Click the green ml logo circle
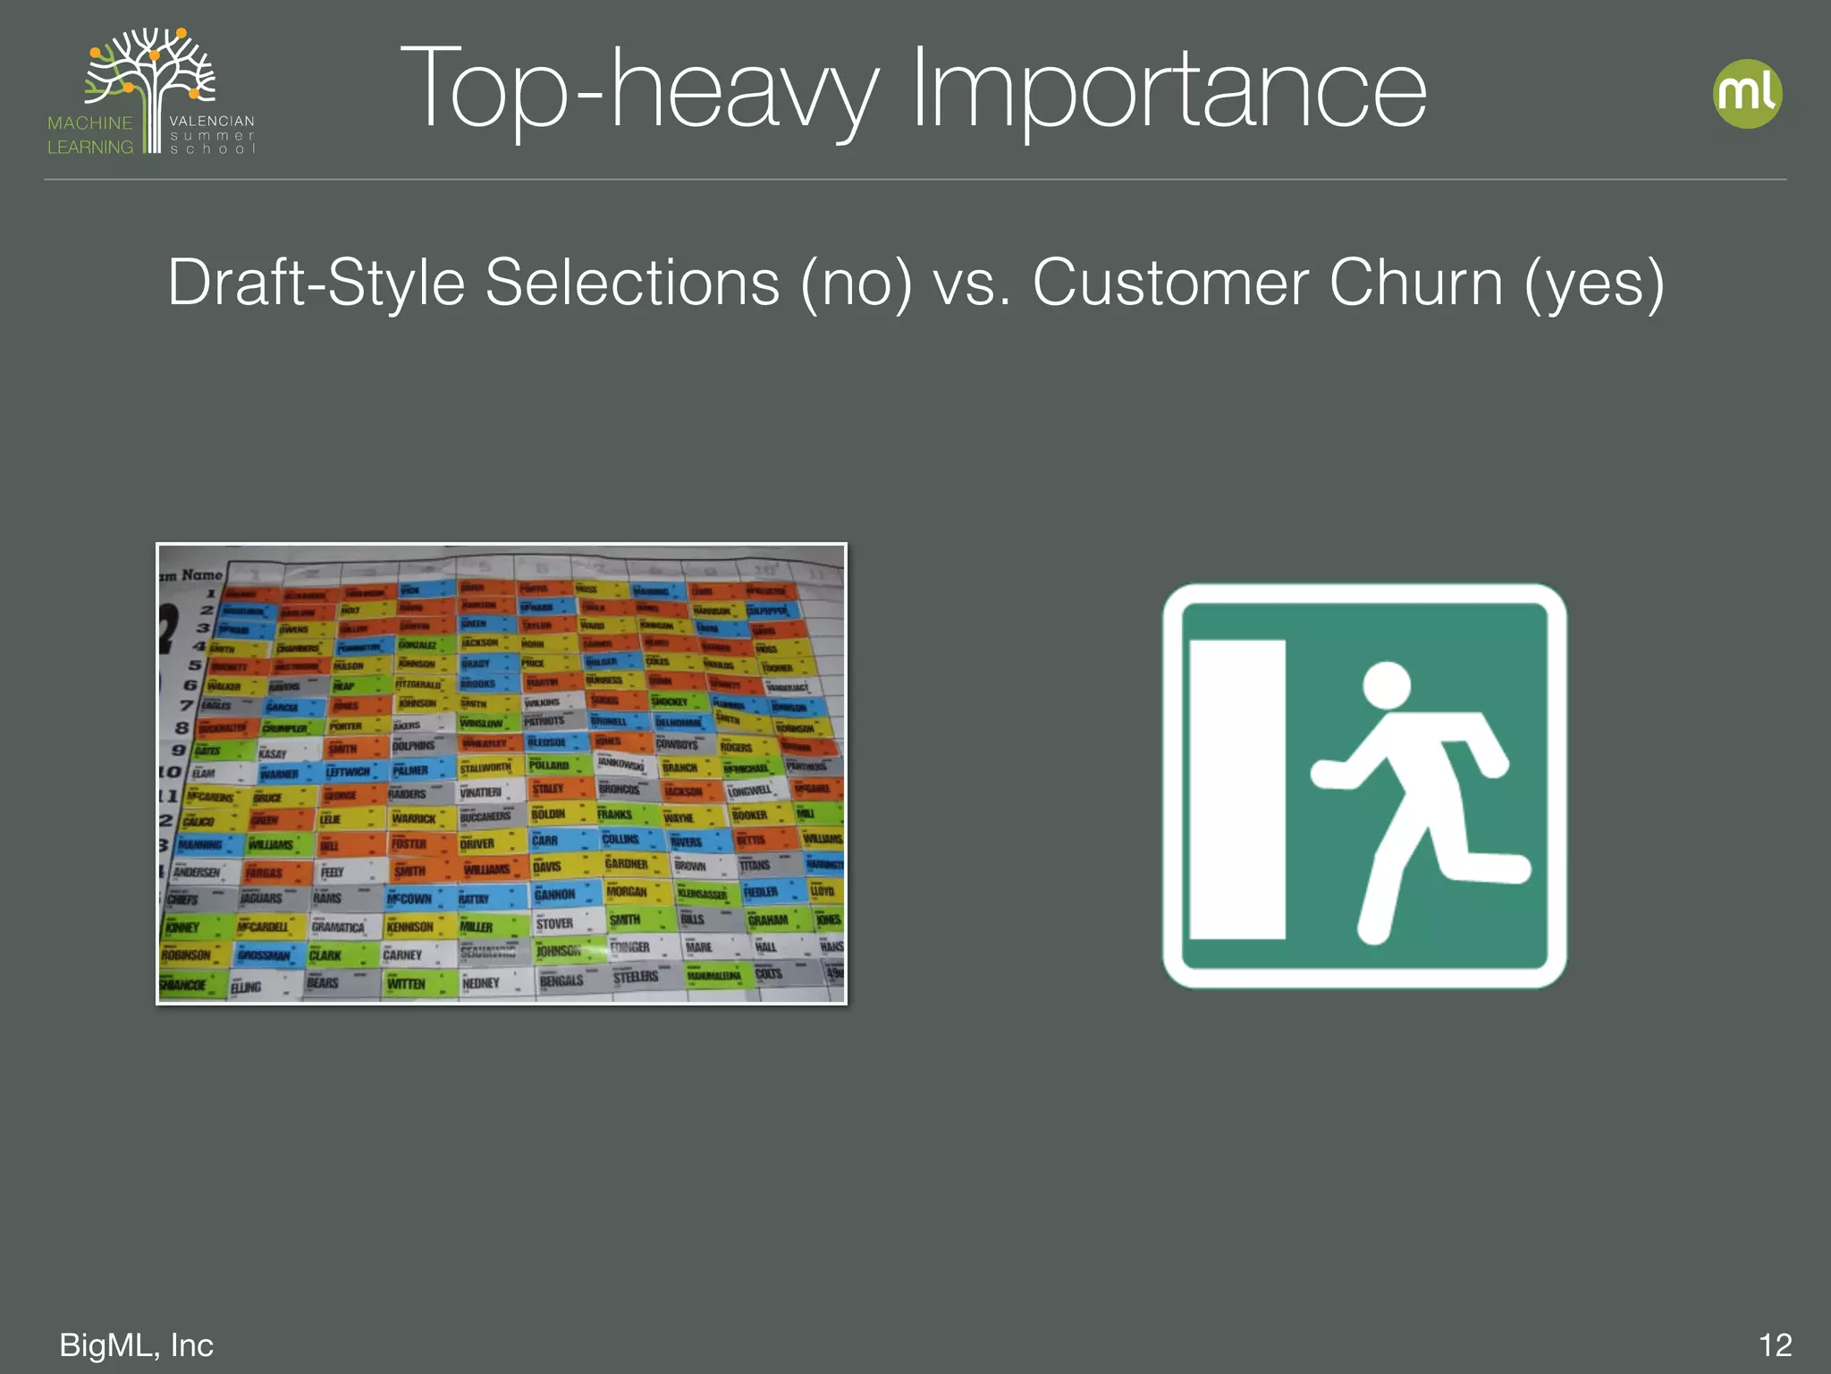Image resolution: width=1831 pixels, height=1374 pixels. (x=1747, y=94)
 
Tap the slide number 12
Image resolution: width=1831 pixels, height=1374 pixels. (x=1775, y=1345)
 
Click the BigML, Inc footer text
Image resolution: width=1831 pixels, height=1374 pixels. (x=136, y=1345)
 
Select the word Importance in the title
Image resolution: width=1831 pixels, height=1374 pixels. (x=1168, y=90)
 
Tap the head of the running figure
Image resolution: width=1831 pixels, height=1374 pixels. (x=1387, y=686)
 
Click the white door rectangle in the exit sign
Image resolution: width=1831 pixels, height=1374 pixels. (x=1237, y=789)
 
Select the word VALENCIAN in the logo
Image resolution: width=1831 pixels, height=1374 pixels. (x=212, y=121)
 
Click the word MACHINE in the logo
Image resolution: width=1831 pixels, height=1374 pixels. (x=90, y=123)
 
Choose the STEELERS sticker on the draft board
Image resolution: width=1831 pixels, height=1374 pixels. (x=637, y=977)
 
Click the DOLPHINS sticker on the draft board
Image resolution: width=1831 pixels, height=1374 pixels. (x=415, y=745)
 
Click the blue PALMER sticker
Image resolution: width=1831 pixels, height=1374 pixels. (x=412, y=769)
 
